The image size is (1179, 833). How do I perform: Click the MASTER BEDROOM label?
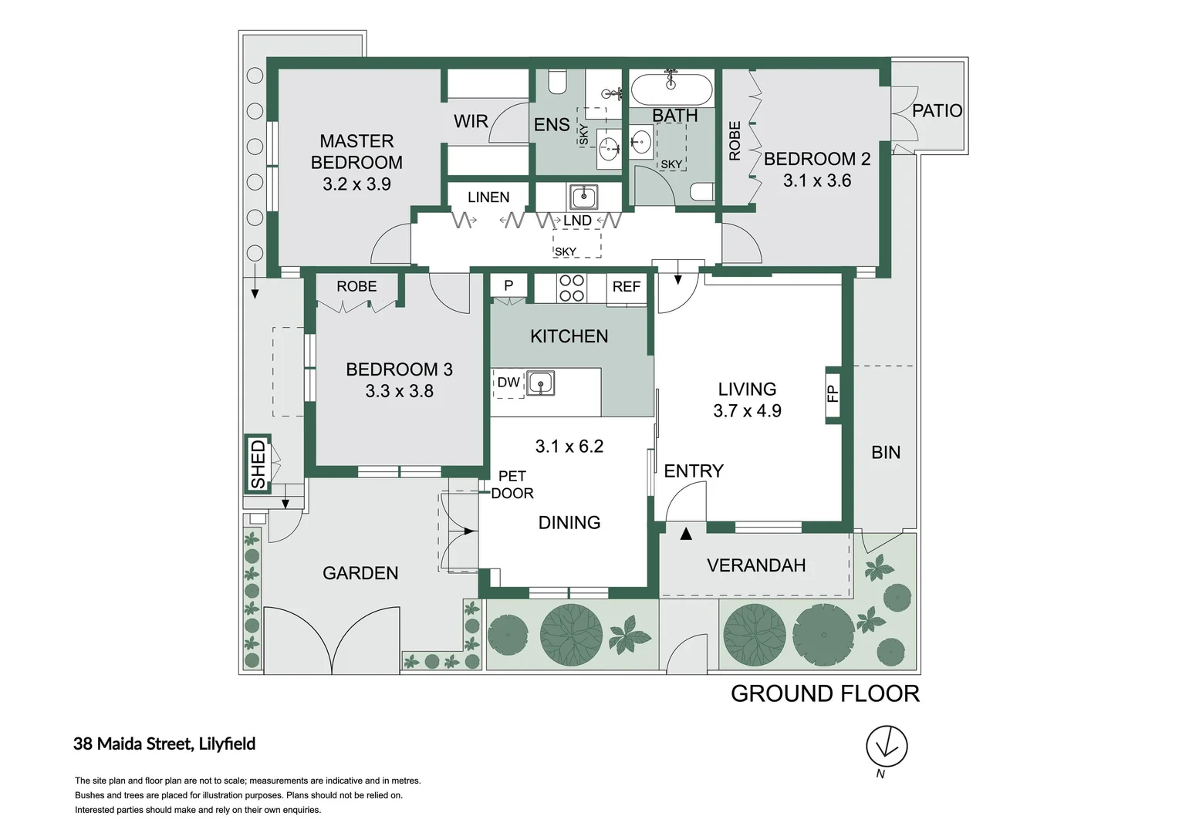356,151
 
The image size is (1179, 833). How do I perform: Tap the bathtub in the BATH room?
671,89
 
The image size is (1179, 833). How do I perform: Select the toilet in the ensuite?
556,82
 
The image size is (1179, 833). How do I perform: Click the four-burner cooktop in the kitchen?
572,288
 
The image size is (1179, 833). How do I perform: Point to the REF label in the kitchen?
627,286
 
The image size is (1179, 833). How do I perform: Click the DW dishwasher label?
508,382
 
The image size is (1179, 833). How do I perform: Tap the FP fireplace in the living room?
832,393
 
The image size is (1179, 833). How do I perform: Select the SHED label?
258,464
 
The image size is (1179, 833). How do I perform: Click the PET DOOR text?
512,484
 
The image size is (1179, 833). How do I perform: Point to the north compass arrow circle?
887,746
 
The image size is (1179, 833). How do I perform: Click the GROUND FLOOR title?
825,693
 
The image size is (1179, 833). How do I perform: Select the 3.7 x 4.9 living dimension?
747,410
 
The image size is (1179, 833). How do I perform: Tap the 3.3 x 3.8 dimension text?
399,391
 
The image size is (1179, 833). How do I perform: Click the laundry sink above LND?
583,197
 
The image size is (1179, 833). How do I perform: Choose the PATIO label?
937,110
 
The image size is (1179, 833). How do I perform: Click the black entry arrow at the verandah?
686,534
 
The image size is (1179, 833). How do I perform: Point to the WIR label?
471,122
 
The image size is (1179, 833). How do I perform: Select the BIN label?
886,452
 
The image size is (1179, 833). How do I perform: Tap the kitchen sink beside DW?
541,383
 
